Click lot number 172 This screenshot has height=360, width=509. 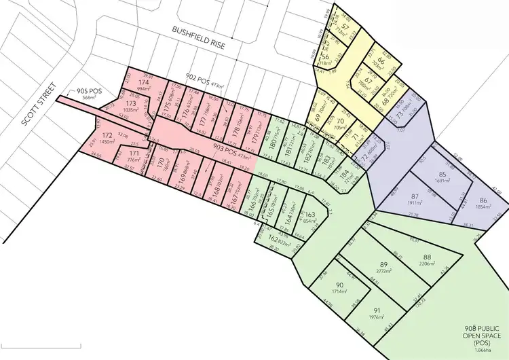pyautogui.click(x=106, y=135)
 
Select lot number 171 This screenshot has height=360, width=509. pyautogui.click(x=133, y=154)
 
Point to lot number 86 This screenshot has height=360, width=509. pyautogui.click(x=483, y=200)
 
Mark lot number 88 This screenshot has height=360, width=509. pyautogui.click(x=427, y=256)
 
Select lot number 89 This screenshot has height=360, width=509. pyautogui.click(x=383, y=264)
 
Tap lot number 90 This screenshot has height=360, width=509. pyautogui.click(x=339, y=284)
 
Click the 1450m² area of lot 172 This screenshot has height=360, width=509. pyautogui.click(x=106, y=142)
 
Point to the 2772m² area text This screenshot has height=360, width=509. pyautogui.click(x=383, y=270)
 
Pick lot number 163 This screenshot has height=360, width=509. pyautogui.click(x=311, y=214)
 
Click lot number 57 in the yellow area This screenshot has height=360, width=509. pyautogui.click(x=346, y=27)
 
